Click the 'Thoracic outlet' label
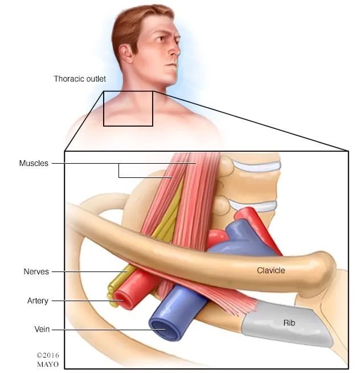(x=80, y=79)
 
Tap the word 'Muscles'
(x=34, y=163)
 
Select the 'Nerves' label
(x=36, y=271)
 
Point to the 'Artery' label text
(x=38, y=301)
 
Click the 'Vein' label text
(x=42, y=329)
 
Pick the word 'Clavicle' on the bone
(x=271, y=270)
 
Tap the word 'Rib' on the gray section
(x=289, y=323)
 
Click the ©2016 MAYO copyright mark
(x=48, y=360)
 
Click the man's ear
(x=125, y=54)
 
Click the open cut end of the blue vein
(x=163, y=329)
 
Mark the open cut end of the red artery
(x=122, y=300)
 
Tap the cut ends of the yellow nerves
(x=112, y=294)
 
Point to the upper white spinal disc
(x=257, y=165)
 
